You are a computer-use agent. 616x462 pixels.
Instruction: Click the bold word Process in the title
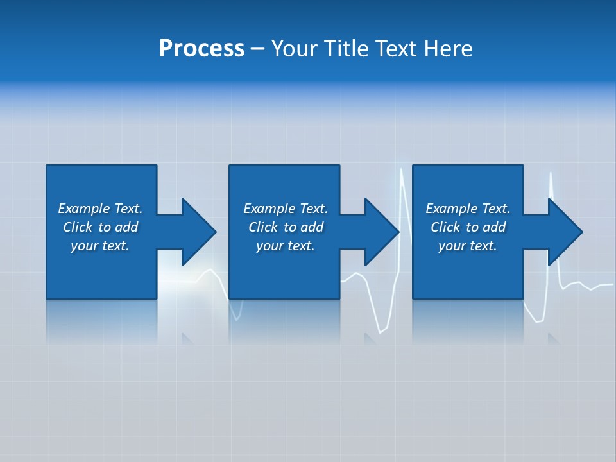coord(201,49)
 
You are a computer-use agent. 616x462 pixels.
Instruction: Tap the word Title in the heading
coord(345,49)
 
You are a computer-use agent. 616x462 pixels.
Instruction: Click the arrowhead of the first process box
coord(198,232)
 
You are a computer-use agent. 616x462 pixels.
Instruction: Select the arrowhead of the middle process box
coord(381,232)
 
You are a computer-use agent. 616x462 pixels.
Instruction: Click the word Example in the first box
coord(84,209)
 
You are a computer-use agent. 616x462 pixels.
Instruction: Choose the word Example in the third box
coord(452,209)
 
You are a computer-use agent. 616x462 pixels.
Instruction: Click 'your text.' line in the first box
coord(100,246)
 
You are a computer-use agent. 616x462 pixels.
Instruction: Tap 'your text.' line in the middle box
coord(286,246)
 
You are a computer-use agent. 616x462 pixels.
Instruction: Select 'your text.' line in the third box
coord(468,246)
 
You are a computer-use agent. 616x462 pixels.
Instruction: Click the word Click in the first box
coord(78,227)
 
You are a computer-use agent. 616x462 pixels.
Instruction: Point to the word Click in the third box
coord(445,227)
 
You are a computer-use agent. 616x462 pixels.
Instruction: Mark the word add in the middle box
coord(312,227)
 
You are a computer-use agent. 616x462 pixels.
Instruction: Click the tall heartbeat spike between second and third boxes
coord(402,193)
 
